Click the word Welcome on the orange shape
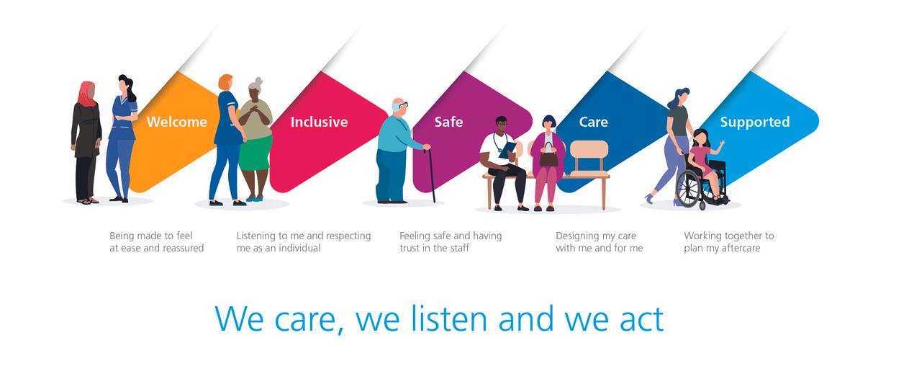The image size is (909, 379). pyautogui.click(x=177, y=122)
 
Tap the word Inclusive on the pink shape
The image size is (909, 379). pyautogui.click(x=319, y=122)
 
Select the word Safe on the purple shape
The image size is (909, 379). pyautogui.click(x=448, y=122)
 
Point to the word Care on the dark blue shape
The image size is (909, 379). pyautogui.click(x=593, y=122)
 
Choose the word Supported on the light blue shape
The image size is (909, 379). pyautogui.click(x=755, y=122)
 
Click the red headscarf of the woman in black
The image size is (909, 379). pyautogui.click(x=86, y=94)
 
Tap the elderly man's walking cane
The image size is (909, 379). pyautogui.click(x=430, y=176)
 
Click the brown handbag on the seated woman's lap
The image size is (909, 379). pyautogui.click(x=548, y=156)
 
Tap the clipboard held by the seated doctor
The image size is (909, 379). pyautogui.click(x=508, y=149)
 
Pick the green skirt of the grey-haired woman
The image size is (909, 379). pyautogui.click(x=255, y=153)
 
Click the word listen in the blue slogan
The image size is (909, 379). pyautogui.click(x=449, y=319)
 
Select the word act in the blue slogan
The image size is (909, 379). pyautogui.click(x=642, y=320)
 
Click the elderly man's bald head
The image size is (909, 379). pyautogui.click(x=398, y=104)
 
